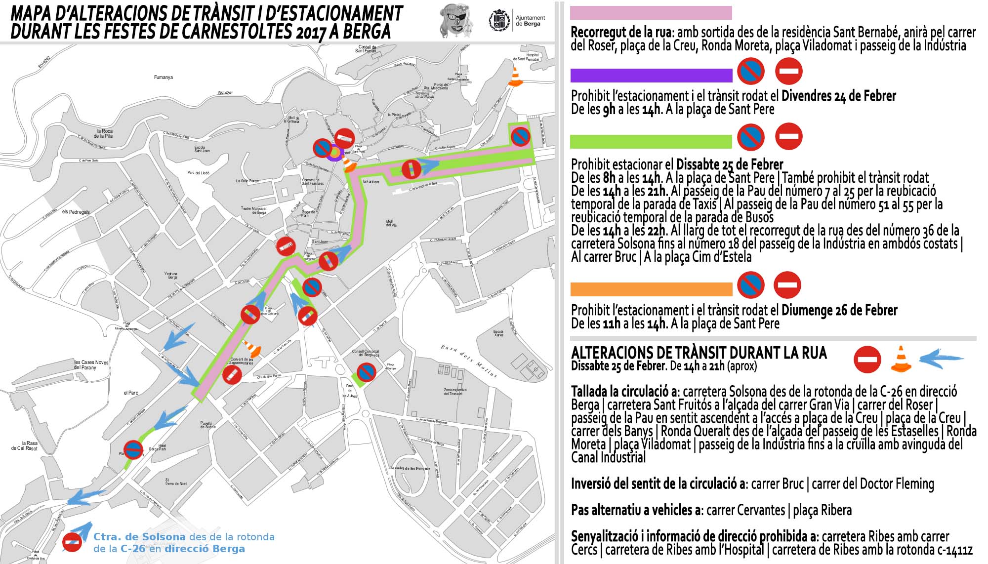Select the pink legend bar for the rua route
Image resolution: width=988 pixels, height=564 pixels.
[651, 13]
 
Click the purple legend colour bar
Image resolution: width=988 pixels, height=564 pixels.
[651, 76]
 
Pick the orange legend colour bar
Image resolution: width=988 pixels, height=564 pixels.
[651, 289]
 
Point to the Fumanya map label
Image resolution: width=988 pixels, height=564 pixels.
[164, 78]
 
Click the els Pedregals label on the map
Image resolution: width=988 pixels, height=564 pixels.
[76, 212]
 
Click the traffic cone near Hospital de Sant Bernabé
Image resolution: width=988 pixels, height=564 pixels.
[515, 78]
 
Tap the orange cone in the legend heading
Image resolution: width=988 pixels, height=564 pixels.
[901, 359]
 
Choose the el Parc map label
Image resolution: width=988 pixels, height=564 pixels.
[131, 393]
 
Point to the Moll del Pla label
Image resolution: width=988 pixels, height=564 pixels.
[391, 223]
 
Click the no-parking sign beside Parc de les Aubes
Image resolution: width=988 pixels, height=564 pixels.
[366, 372]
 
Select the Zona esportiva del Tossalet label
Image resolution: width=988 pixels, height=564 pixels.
[455, 392]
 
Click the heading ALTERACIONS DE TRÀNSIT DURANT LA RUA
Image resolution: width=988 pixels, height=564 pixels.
[699, 353]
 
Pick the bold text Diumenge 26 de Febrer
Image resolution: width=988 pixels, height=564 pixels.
[839, 311]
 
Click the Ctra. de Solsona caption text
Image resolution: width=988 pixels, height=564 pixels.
[140, 537]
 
